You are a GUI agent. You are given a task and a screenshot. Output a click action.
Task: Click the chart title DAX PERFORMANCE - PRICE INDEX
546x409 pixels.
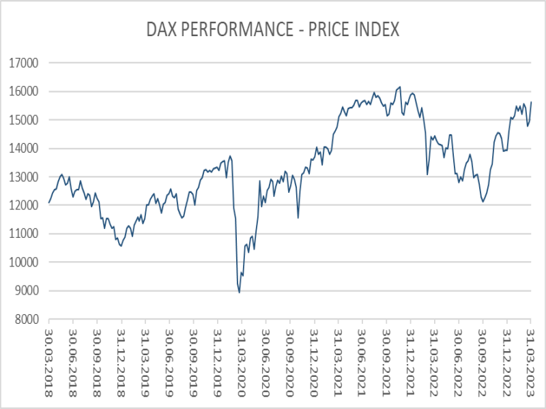coord(273,30)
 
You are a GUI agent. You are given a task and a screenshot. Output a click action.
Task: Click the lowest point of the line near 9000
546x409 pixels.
coord(240,292)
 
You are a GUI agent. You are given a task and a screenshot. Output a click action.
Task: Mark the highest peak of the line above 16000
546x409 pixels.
coord(400,87)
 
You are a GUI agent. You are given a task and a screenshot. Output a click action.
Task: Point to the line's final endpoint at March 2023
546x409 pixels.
coord(532,102)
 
